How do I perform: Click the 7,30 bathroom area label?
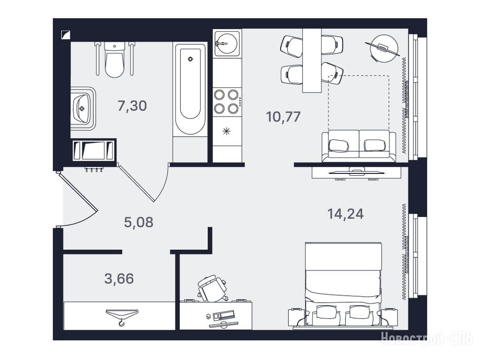coord(132,106)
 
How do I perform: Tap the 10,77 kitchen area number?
coord(283,117)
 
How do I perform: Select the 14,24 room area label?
coord(346,213)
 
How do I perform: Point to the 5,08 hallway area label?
coord(139,222)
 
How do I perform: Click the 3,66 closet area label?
coord(119,278)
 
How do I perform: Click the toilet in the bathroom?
coord(114,60)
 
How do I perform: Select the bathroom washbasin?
coord(83,109)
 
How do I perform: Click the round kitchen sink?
coord(227,43)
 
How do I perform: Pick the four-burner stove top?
coord(227,101)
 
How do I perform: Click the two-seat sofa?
coord(359,146)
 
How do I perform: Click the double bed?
coord(343,286)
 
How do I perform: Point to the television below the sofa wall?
coord(357,172)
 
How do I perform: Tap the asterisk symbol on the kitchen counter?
coord(226,132)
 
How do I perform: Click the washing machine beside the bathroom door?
coord(94,150)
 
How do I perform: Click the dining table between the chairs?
coord(312,60)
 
